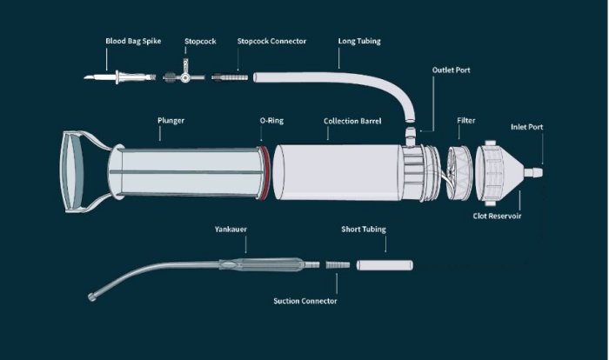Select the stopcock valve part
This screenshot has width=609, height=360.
tap(184, 78)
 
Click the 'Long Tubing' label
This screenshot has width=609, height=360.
tap(359, 41)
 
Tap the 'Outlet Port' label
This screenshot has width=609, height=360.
tap(452, 70)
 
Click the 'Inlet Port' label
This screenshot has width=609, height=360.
tap(527, 127)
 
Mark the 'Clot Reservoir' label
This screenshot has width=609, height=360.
tap(497, 216)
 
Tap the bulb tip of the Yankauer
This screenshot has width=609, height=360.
tap(93, 299)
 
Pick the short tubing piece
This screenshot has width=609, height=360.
tap(384, 262)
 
